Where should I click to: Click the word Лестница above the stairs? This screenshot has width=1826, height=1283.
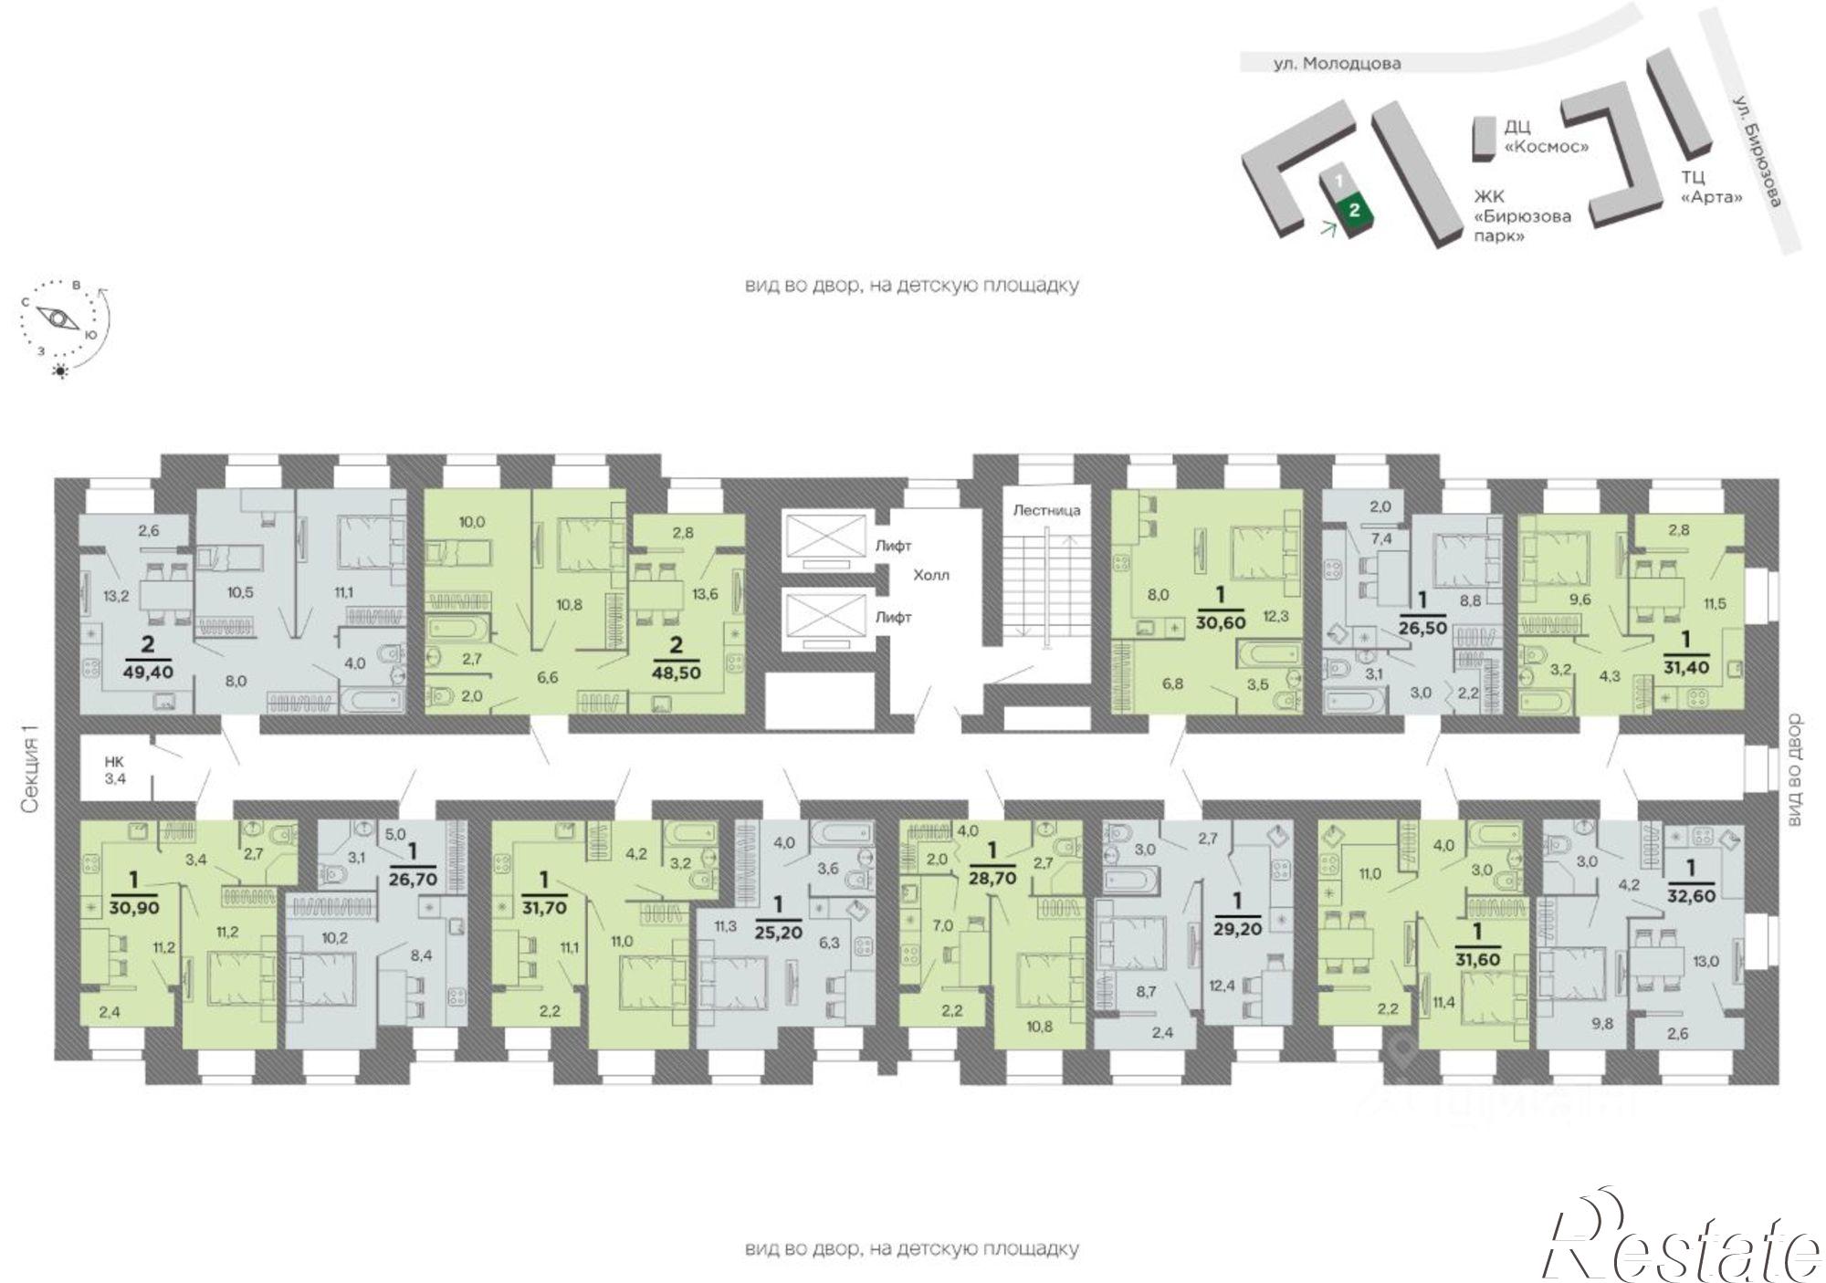click(x=1045, y=510)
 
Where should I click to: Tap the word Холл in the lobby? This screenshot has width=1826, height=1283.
click(x=932, y=575)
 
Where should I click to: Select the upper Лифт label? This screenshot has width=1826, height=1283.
click(x=894, y=546)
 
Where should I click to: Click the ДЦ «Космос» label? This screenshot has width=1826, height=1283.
click(x=1548, y=136)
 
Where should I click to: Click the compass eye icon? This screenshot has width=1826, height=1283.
click(x=57, y=319)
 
